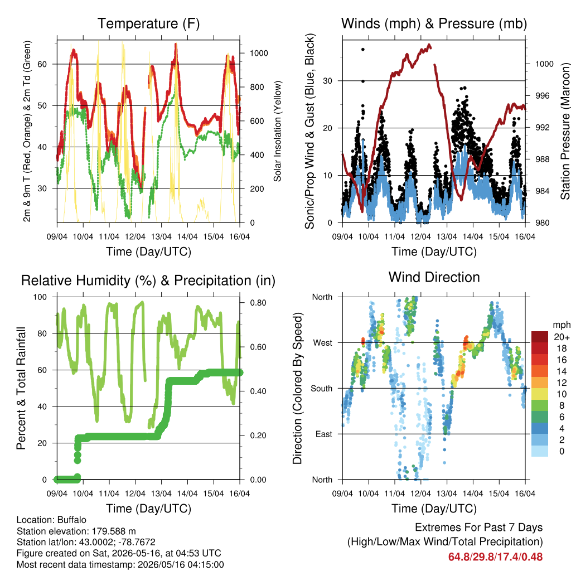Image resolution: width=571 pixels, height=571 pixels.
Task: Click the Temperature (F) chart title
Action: pos(148,23)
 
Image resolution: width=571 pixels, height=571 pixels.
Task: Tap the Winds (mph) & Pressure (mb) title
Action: pos(434,23)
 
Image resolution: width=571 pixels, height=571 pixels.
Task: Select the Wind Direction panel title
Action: pos(434,277)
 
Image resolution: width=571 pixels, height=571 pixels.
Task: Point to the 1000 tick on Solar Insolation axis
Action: pos(259,53)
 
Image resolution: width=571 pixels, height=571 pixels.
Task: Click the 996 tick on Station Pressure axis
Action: pos(544,96)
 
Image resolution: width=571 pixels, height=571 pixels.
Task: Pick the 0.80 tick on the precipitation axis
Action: pos(258,303)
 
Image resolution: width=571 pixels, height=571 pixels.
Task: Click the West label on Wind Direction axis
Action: pos(323,343)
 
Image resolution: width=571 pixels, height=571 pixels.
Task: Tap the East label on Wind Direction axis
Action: pos(324,434)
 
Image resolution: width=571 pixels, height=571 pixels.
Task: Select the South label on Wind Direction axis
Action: pos(322,389)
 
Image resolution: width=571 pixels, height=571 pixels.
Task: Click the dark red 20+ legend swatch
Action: pos(540,337)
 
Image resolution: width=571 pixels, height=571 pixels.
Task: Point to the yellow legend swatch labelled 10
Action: pos(540,394)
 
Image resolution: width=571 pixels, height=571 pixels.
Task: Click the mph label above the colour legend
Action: pos(561,325)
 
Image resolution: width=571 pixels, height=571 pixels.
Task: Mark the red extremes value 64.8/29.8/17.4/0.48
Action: pos(495,557)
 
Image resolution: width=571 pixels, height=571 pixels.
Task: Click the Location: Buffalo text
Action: pos(51,520)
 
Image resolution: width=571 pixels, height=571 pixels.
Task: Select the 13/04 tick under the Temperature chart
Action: pos(161,236)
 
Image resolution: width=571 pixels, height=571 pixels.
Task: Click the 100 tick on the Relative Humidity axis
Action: pos(40,297)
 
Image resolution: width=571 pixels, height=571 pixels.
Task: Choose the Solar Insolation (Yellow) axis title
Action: pos(278,131)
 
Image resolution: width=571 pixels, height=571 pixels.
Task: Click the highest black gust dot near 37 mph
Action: pos(362,50)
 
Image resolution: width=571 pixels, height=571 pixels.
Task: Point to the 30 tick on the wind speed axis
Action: pos(328,81)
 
